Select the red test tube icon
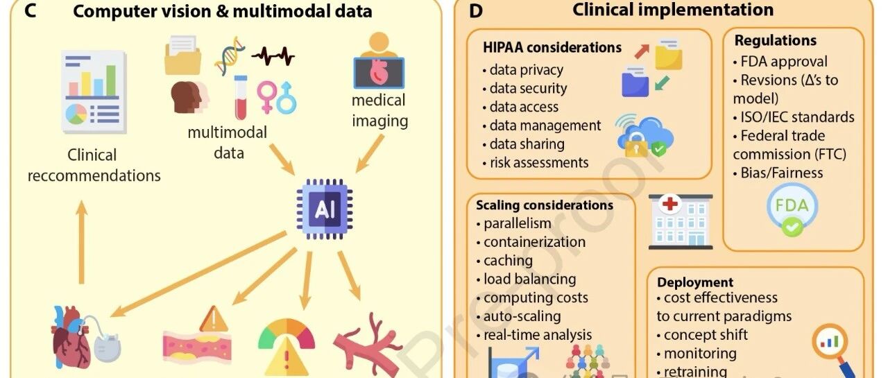[x=241, y=98]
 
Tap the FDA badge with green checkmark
[x=792, y=209]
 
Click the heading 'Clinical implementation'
[x=673, y=10]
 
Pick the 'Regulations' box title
[x=776, y=40]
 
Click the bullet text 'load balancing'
[x=530, y=280]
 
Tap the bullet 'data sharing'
[x=527, y=144]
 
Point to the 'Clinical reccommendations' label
[x=94, y=165]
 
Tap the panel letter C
[x=31, y=11]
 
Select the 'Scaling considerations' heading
[x=545, y=205]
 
